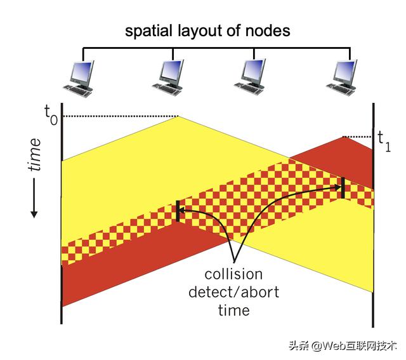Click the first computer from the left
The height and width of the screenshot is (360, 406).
click(81, 76)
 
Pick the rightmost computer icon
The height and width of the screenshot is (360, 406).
click(343, 76)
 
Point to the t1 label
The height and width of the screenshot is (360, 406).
click(384, 140)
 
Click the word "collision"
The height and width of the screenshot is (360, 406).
click(233, 274)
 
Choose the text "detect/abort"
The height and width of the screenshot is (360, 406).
click(233, 293)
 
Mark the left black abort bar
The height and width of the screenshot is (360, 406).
click(178, 211)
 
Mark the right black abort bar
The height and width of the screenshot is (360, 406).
click(343, 187)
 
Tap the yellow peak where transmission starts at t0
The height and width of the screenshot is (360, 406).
click(178, 117)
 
